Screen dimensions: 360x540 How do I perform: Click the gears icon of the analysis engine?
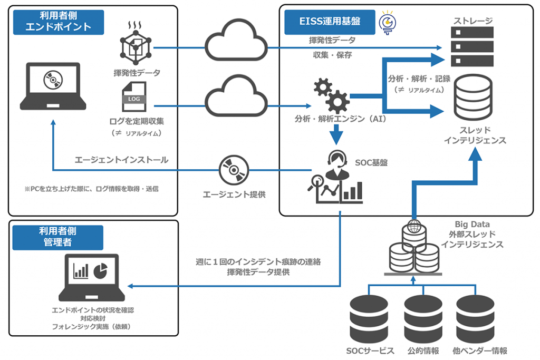pos(331,94)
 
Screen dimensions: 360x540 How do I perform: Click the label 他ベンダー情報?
pos(479,351)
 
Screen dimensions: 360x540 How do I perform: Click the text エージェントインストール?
pos(121,160)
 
